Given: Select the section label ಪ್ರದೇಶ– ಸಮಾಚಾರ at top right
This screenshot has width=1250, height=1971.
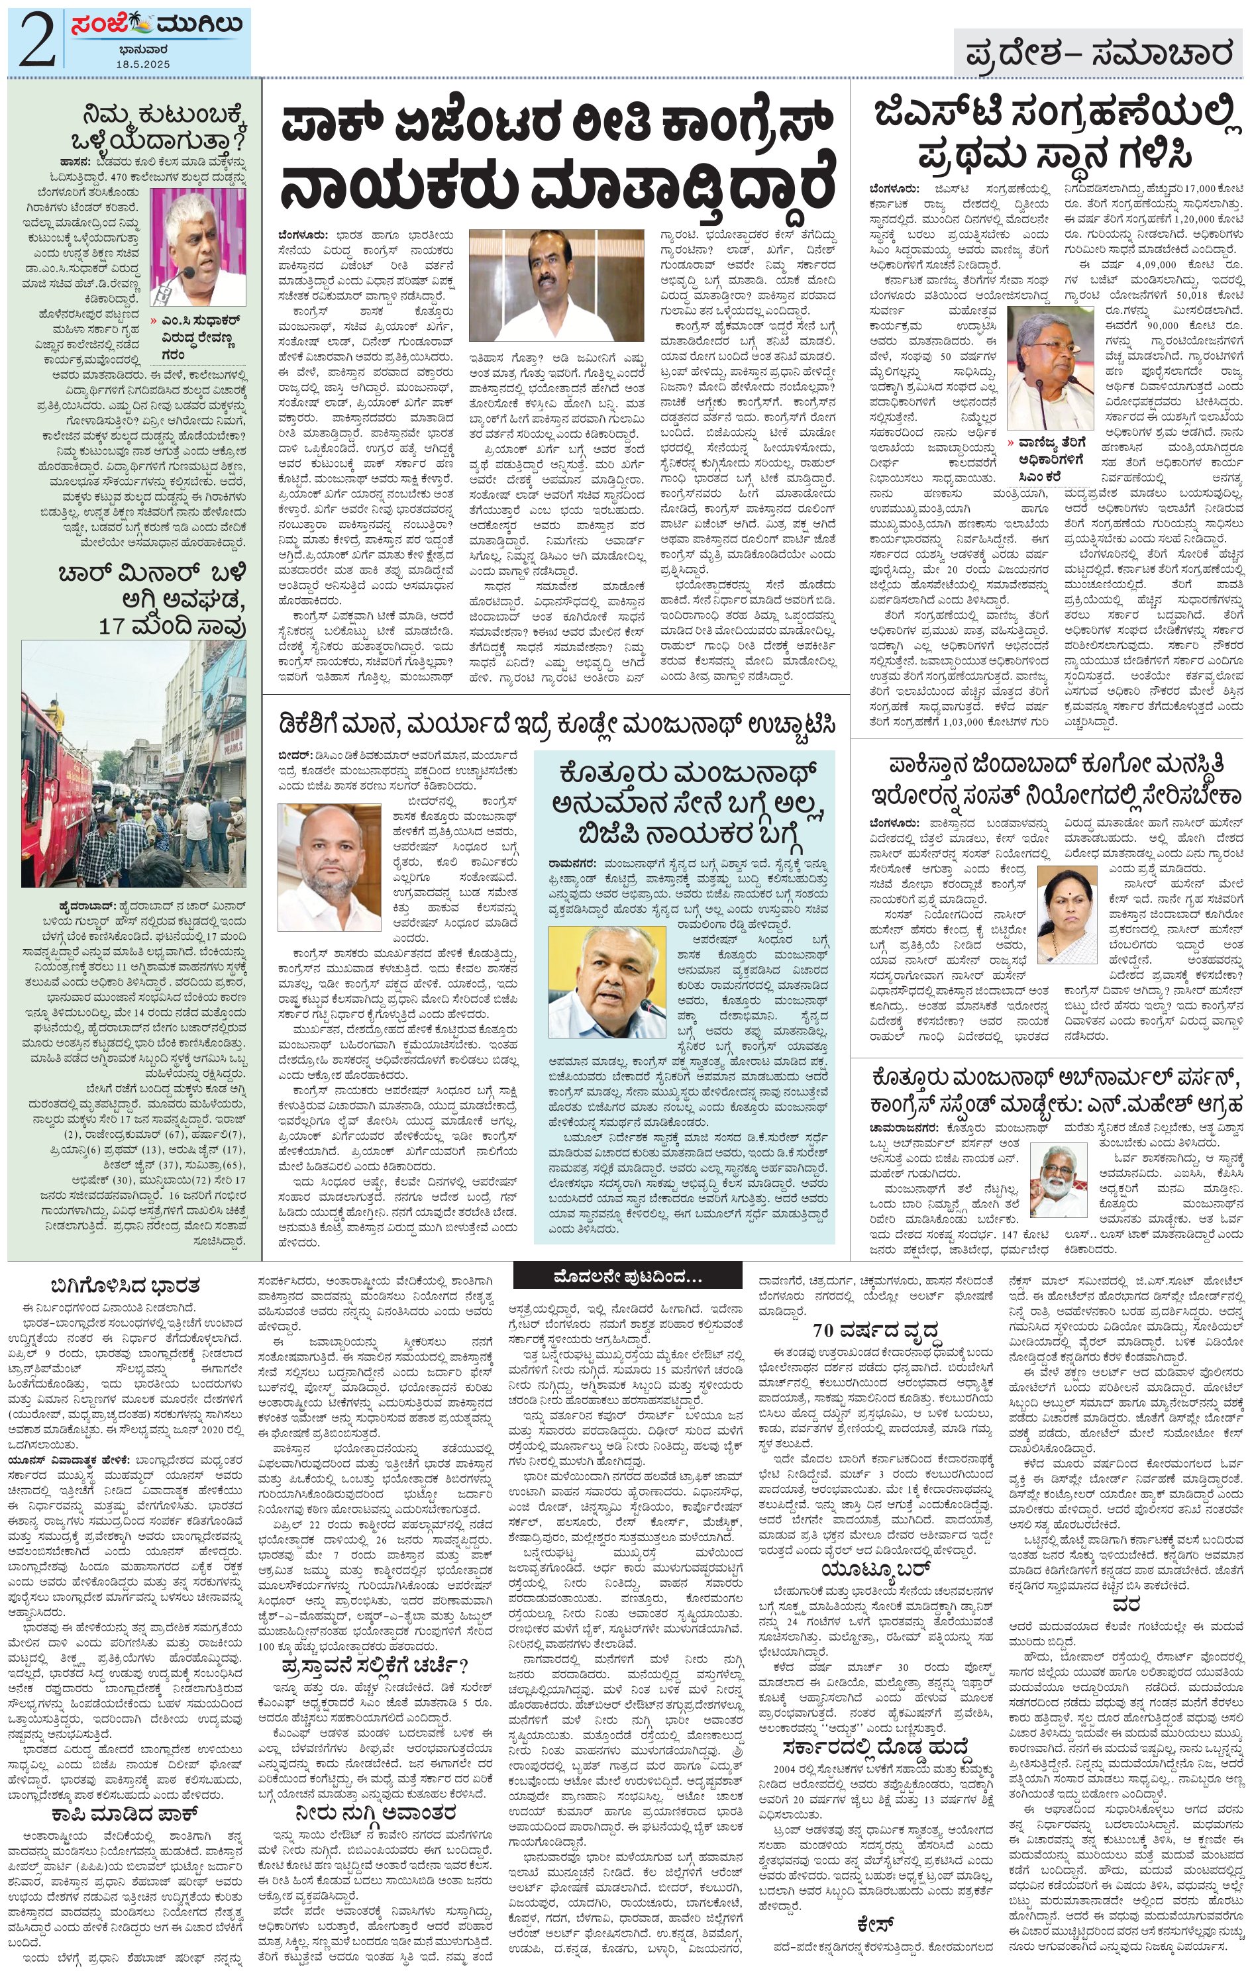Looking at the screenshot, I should point(1098,54).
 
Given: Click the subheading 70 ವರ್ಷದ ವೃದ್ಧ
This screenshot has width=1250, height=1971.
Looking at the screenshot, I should point(875,1329).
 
